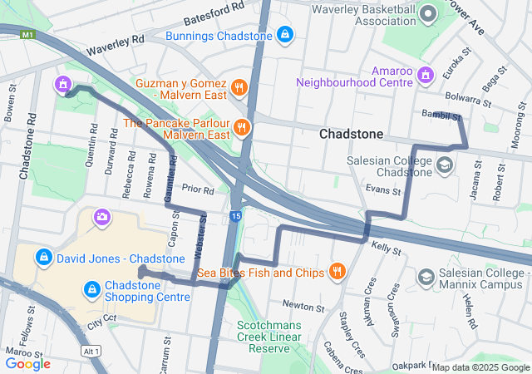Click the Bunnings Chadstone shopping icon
[285, 35]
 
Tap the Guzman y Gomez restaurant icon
[239, 86]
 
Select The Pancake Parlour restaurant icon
[241, 127]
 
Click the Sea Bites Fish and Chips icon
[337, 271]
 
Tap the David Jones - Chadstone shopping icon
[44, 258]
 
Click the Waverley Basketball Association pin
[428, 13]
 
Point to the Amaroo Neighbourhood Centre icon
[426, 76]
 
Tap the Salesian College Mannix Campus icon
[426, 276]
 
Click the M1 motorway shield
[28, 35]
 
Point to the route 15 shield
[236, 217]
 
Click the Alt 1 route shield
[91, 351]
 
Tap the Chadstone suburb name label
[352, 134]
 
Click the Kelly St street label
[387, 248]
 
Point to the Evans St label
[383, 190]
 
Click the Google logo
[28, 363]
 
